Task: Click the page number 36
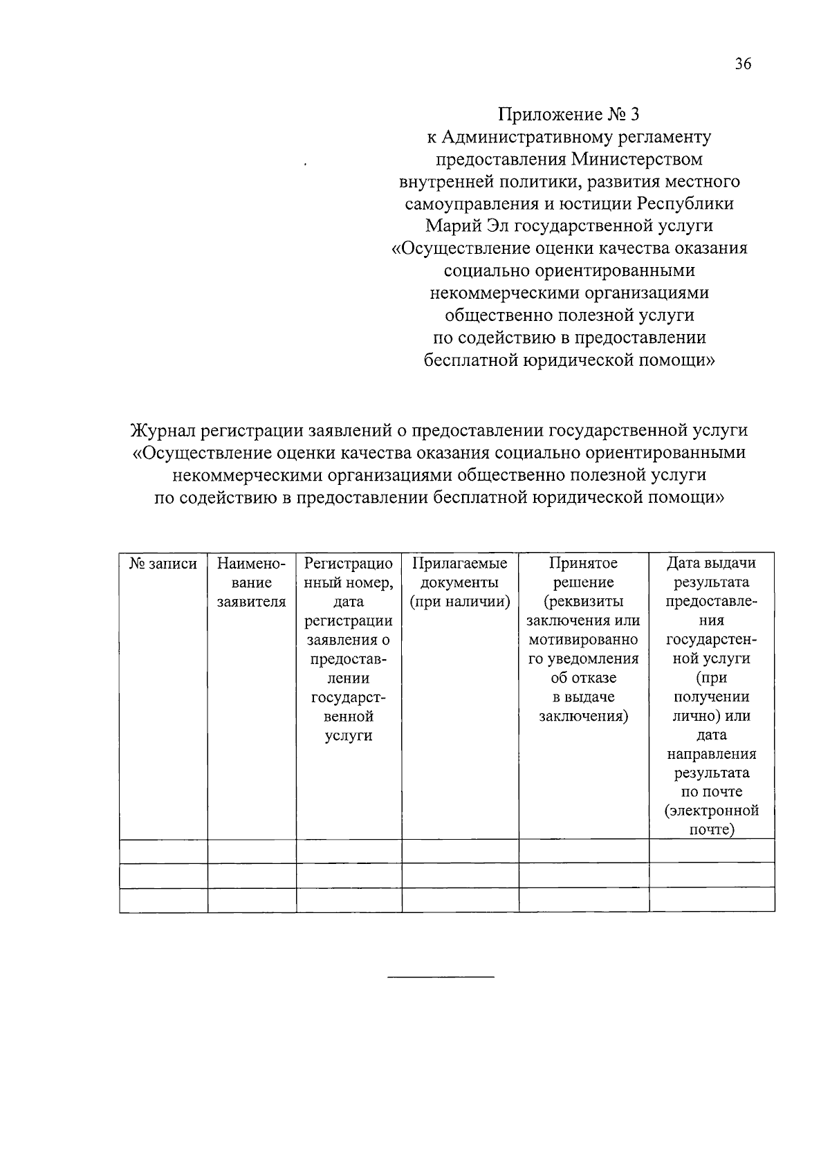(742, 64)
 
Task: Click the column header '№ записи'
(163, 564)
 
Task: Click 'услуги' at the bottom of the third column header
(349, 735)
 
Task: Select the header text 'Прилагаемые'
(460, 564)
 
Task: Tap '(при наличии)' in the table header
(460, 602)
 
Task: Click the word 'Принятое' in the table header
(583, 564)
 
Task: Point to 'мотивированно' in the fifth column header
(583, 640)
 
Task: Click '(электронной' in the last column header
(712, 811)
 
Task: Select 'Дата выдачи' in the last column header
(712, 564)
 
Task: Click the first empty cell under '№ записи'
(163, 851)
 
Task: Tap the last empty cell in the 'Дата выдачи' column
(712, 900)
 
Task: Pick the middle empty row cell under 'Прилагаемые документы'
(460, 875)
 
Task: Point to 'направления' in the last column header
(712, 754)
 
